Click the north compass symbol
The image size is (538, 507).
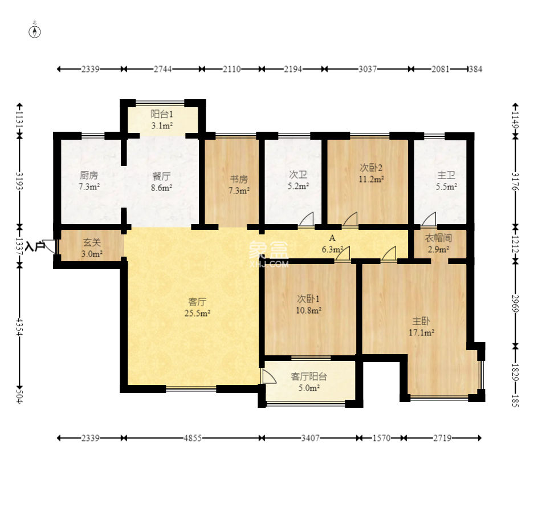click(x=35, y=31)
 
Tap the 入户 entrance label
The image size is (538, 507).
click(x=35, y=246)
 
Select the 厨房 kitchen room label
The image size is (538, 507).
click(x=89, y=176)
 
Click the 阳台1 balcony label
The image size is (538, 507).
click(x=162, y=114)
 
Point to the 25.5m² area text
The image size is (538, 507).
click(x=197, y=313)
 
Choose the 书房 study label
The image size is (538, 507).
click(x=239, y=179)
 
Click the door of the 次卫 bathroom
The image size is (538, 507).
click(x=306, y=220)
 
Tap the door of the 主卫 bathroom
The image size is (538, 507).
click(x=429, y=220)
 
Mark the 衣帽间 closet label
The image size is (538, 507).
click(x=438, y=238)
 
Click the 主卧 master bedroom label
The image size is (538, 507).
click(x=421, y=321)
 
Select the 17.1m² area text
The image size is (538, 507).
click(x=421, y=332)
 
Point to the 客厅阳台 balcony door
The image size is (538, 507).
click(x=269, y=376)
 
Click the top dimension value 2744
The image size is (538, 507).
click(x=162, y=69)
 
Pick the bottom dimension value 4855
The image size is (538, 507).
click(x=193, y=438)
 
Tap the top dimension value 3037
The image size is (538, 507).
click(x=368, y=69)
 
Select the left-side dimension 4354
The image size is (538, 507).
click(x=19, y=327)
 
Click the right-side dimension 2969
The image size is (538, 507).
click(x=515, y=303)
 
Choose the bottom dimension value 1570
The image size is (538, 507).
click(x=381, y=438)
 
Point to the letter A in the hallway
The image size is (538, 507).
click(x=332, y=238)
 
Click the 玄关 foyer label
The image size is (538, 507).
click(x=92, y=243)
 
